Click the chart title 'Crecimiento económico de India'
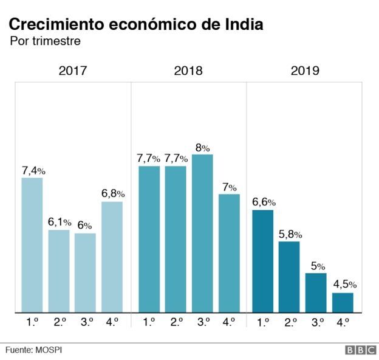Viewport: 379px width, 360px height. (135, 25)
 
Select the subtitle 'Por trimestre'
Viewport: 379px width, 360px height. (45, 42)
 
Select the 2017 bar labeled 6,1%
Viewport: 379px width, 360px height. (59, 271)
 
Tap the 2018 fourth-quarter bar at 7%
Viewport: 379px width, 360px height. (229, 253)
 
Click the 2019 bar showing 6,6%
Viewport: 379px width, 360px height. (263, 261)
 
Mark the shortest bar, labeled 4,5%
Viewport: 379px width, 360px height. (343, 302)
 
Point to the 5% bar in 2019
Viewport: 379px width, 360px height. (316, 292)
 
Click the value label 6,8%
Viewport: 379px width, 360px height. (112, 193)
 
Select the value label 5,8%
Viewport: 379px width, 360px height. (290, 234)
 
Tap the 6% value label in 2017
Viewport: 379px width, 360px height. (85, 226)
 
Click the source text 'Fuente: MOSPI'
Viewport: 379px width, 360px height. (34, 350)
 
